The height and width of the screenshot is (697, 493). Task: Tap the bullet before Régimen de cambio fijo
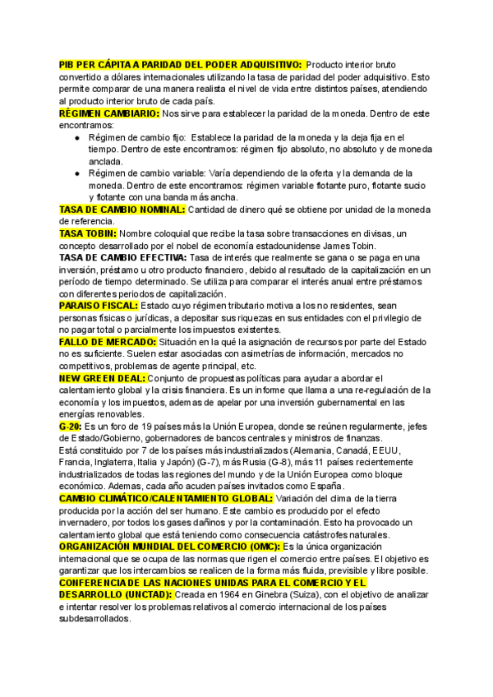click(x=76, y=138)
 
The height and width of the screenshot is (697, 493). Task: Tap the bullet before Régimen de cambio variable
click(x=76, y=173)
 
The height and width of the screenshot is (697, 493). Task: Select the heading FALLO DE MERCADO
click(x=108, y=341)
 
